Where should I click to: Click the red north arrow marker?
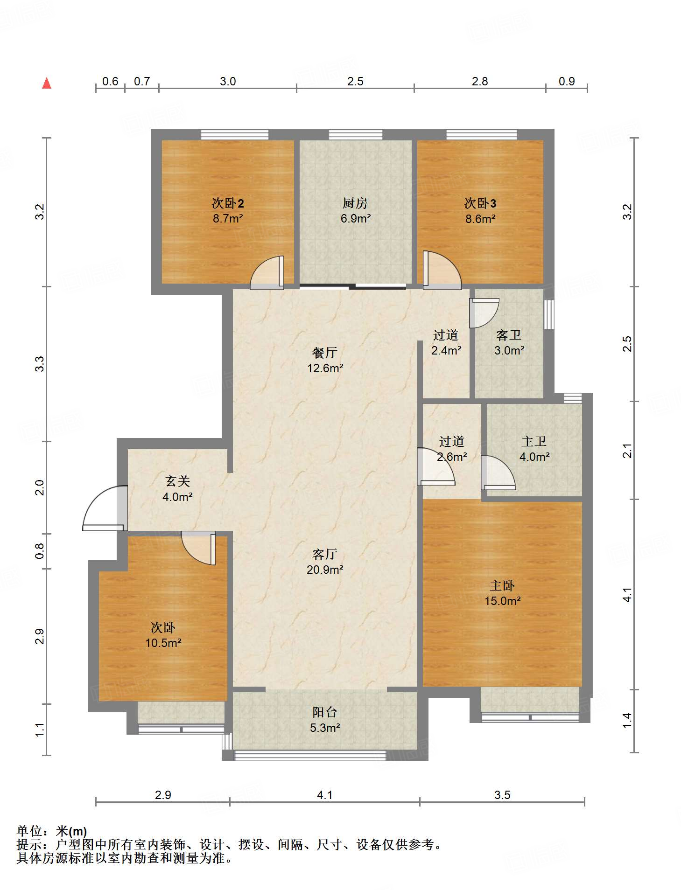[x=47, y=83]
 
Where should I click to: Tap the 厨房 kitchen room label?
[x=355, y=203]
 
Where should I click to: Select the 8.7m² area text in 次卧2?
[x=228, y=218]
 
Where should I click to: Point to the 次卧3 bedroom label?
[x=480, y=203]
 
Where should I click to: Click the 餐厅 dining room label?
[x=325, y=353]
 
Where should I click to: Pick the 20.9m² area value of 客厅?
[x=325, y=570]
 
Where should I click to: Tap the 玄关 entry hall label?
[x=178, y=481]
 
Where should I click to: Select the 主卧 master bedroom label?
[x=502, y=585]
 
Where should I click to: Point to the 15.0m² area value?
[x=502, y=601]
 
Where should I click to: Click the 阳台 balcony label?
[x=325, y=712]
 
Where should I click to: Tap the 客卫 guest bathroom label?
[x=509, y=335]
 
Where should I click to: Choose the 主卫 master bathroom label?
[x=534, y=441]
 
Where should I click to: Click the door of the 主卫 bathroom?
[x=498, y=472]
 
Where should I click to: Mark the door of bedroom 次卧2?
[x=267, y=272]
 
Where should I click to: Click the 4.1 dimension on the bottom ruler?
[x=325, y=795]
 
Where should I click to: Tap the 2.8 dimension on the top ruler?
[x=480, y=82]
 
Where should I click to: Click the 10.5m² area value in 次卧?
[x=163, y=643]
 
